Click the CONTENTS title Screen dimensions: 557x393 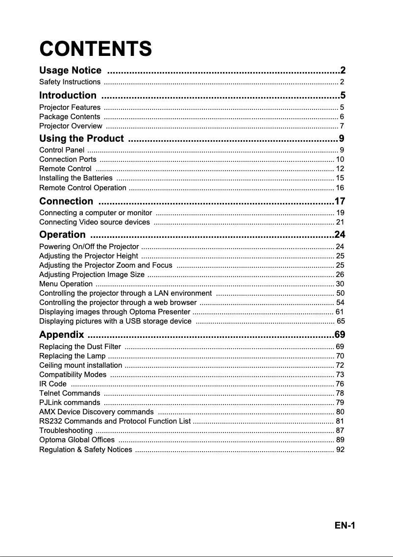(x=96, y=49)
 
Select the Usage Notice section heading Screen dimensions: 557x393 (x=71, y=71)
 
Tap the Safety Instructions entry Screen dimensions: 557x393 (x=70, y=82)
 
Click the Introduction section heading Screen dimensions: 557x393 (x=68, y=95)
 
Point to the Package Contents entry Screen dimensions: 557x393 (x=70, y=117)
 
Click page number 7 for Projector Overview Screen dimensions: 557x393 (x=342, y=127)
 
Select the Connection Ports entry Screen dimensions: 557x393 (x=68, y=159)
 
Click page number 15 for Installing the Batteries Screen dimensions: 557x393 (x=340, y=178)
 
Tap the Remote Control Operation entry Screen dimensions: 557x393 (x=82, y=188)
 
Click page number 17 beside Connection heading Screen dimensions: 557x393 (x=340, y=201)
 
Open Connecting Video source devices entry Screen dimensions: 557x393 (x=95, y=222)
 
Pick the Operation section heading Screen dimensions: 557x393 (x=62, y=234)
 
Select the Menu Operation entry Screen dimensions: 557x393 (x=66, y=284)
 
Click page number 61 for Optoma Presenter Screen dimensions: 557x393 (x=339, y=312)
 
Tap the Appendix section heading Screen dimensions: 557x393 (x=61, y=335)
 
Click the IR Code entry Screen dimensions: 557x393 (x=52, y=384)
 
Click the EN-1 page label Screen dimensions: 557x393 (x=345, y=526)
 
